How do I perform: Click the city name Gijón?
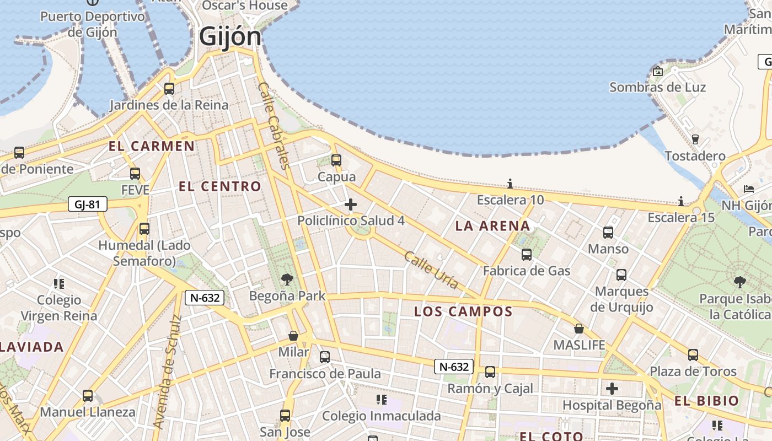(x=230, y=37)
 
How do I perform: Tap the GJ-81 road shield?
(x=87, y=205)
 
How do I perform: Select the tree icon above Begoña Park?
(x=287, y=279)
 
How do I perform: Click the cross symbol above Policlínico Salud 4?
(x=350, y=205)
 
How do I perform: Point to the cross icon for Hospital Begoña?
(x=612, y=389)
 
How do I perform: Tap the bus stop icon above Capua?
(x=336, y=160)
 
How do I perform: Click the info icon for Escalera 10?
(x=510, y=184)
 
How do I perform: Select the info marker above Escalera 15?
(x=681, y=201)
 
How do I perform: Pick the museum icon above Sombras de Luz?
(x=657, y=71)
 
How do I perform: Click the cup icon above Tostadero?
(x=695, y=139)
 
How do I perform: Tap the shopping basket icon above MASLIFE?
(x=578, y=329)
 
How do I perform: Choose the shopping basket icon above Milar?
(x=293, y=335)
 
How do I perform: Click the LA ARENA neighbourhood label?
(x=492, y=225)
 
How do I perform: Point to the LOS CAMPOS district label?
(x=463, y=311)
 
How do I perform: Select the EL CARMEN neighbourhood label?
(x=152, y=146)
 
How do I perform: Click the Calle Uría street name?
(x=431, y=270)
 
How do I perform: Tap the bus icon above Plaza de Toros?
(x=693, y=354)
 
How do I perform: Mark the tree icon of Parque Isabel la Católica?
(x=739, y=282)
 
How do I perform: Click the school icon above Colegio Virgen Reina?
(x=59, y=284)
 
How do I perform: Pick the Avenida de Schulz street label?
(x=167, y=372)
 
